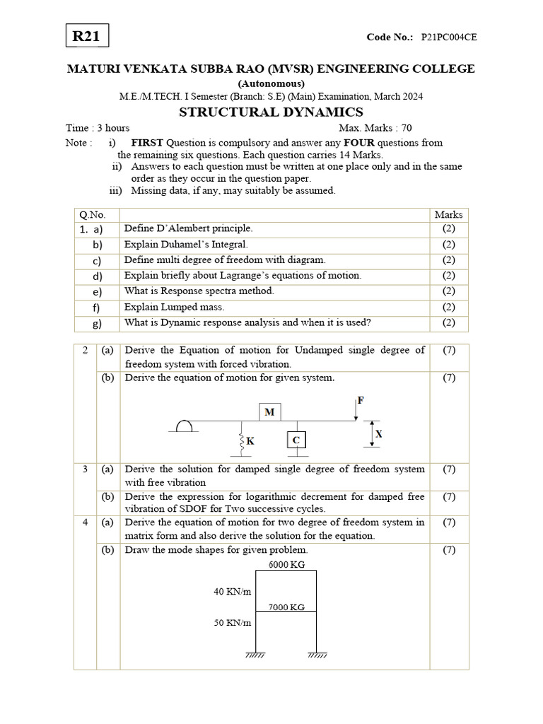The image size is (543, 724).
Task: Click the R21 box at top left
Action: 87,36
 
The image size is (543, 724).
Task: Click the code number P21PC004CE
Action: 449,37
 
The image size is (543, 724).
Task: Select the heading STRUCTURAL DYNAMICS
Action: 271,112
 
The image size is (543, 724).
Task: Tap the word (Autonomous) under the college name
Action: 271,83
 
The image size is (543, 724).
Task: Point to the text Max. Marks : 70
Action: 375,128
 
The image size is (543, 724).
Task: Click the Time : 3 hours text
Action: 98,128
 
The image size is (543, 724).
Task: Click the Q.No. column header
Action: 93,214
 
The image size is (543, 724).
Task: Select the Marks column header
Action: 448,214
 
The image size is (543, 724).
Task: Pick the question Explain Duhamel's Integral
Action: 186,245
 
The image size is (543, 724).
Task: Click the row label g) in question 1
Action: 98,324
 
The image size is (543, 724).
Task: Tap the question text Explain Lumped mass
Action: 174,307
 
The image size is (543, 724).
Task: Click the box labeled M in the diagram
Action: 269,411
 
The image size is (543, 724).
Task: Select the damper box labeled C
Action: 296,440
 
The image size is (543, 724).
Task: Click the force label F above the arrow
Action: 361,400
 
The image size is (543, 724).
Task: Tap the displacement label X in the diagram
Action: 378,434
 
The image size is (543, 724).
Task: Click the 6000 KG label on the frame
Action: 286,564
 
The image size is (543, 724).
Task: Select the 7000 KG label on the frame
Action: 286,607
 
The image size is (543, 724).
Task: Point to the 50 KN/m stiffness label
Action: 233,623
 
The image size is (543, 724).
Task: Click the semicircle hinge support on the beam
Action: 185,426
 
